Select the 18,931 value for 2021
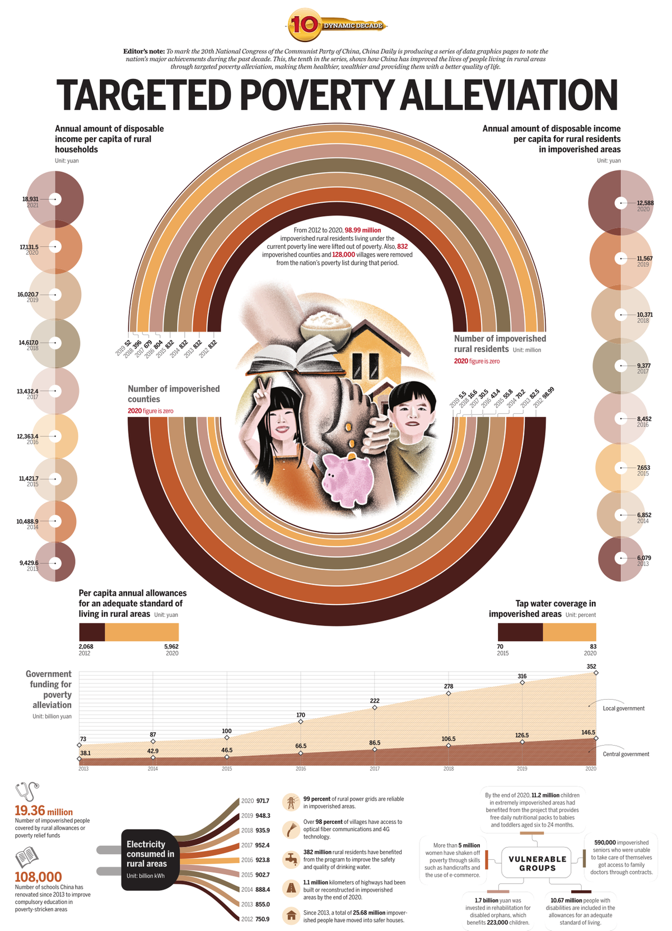click(x=30, y=199)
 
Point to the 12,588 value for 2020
click(x=645, y=203)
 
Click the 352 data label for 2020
click(x=591, y=667)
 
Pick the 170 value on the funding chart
click(x=301, y=715)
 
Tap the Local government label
click(x=623, y=709)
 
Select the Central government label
click(x=626, y=754)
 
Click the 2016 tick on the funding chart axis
click(x=301, y=769)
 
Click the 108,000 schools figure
click(x=38, y=877)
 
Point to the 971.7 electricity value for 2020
click(x=263, y=801)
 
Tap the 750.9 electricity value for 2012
click(x=263, y=919)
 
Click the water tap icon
click(x=291, y=858)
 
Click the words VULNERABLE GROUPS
click(x=537, y=863)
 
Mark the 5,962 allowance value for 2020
click(x=171, y=646)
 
